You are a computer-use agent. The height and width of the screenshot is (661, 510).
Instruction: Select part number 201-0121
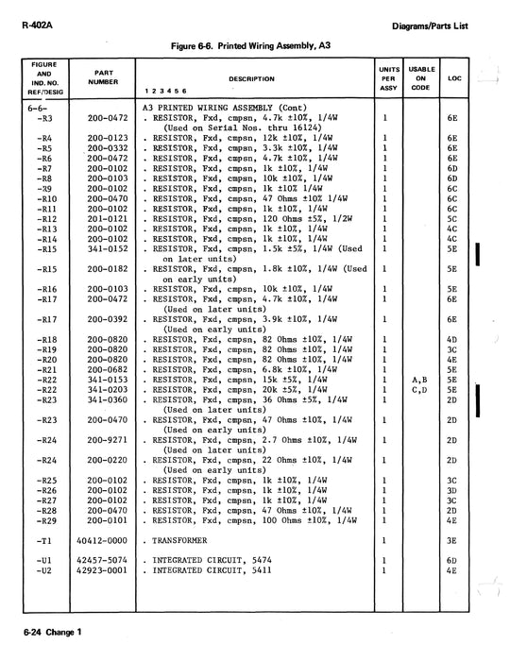coord(107,219)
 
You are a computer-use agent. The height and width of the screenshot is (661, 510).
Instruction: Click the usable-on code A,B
coord(420,379)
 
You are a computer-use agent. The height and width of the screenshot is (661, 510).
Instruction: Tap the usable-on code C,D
coord(420,389)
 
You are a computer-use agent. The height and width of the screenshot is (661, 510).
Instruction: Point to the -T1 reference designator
coord(41,541)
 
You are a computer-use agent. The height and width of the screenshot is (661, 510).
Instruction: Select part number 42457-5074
coord(107,561)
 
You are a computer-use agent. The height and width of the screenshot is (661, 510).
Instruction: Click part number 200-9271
coord(107,439)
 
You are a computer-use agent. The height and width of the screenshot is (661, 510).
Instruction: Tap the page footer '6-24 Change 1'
coord(45,631)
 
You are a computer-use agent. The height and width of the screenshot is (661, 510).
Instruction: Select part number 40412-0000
coord(107,541)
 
